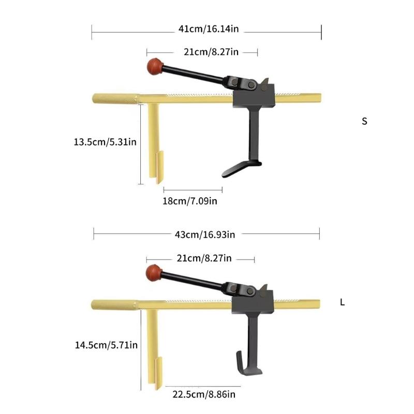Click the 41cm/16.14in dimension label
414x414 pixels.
pyautogui.click(x=209, y=29)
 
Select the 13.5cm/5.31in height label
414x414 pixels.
pyautogui.click(x=105, y=141)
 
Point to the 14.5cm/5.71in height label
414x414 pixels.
pyautogui.click(x=106, y=344)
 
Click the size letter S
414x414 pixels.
pyautogui.click(x=364, y=122)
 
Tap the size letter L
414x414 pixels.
pyautogui.click(x=342, y=302)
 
